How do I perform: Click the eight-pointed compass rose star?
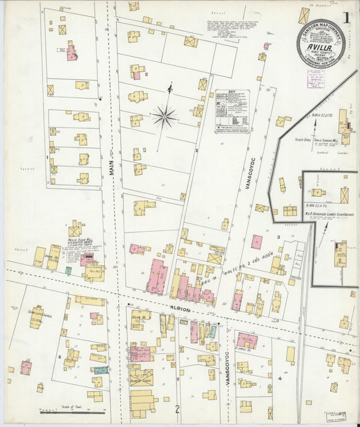pos(164,117)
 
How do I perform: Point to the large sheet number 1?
pos(346,18)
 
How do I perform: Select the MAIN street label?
pos(111,165)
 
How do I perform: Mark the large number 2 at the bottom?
pos(177,409)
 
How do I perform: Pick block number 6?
pos(59,356)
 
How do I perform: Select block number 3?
pos(278,237)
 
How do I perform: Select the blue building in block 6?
pos(101,370)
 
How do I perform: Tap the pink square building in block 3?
pos(257,241)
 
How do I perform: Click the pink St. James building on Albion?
pos(247,341)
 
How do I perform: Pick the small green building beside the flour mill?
pos(68,270)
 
